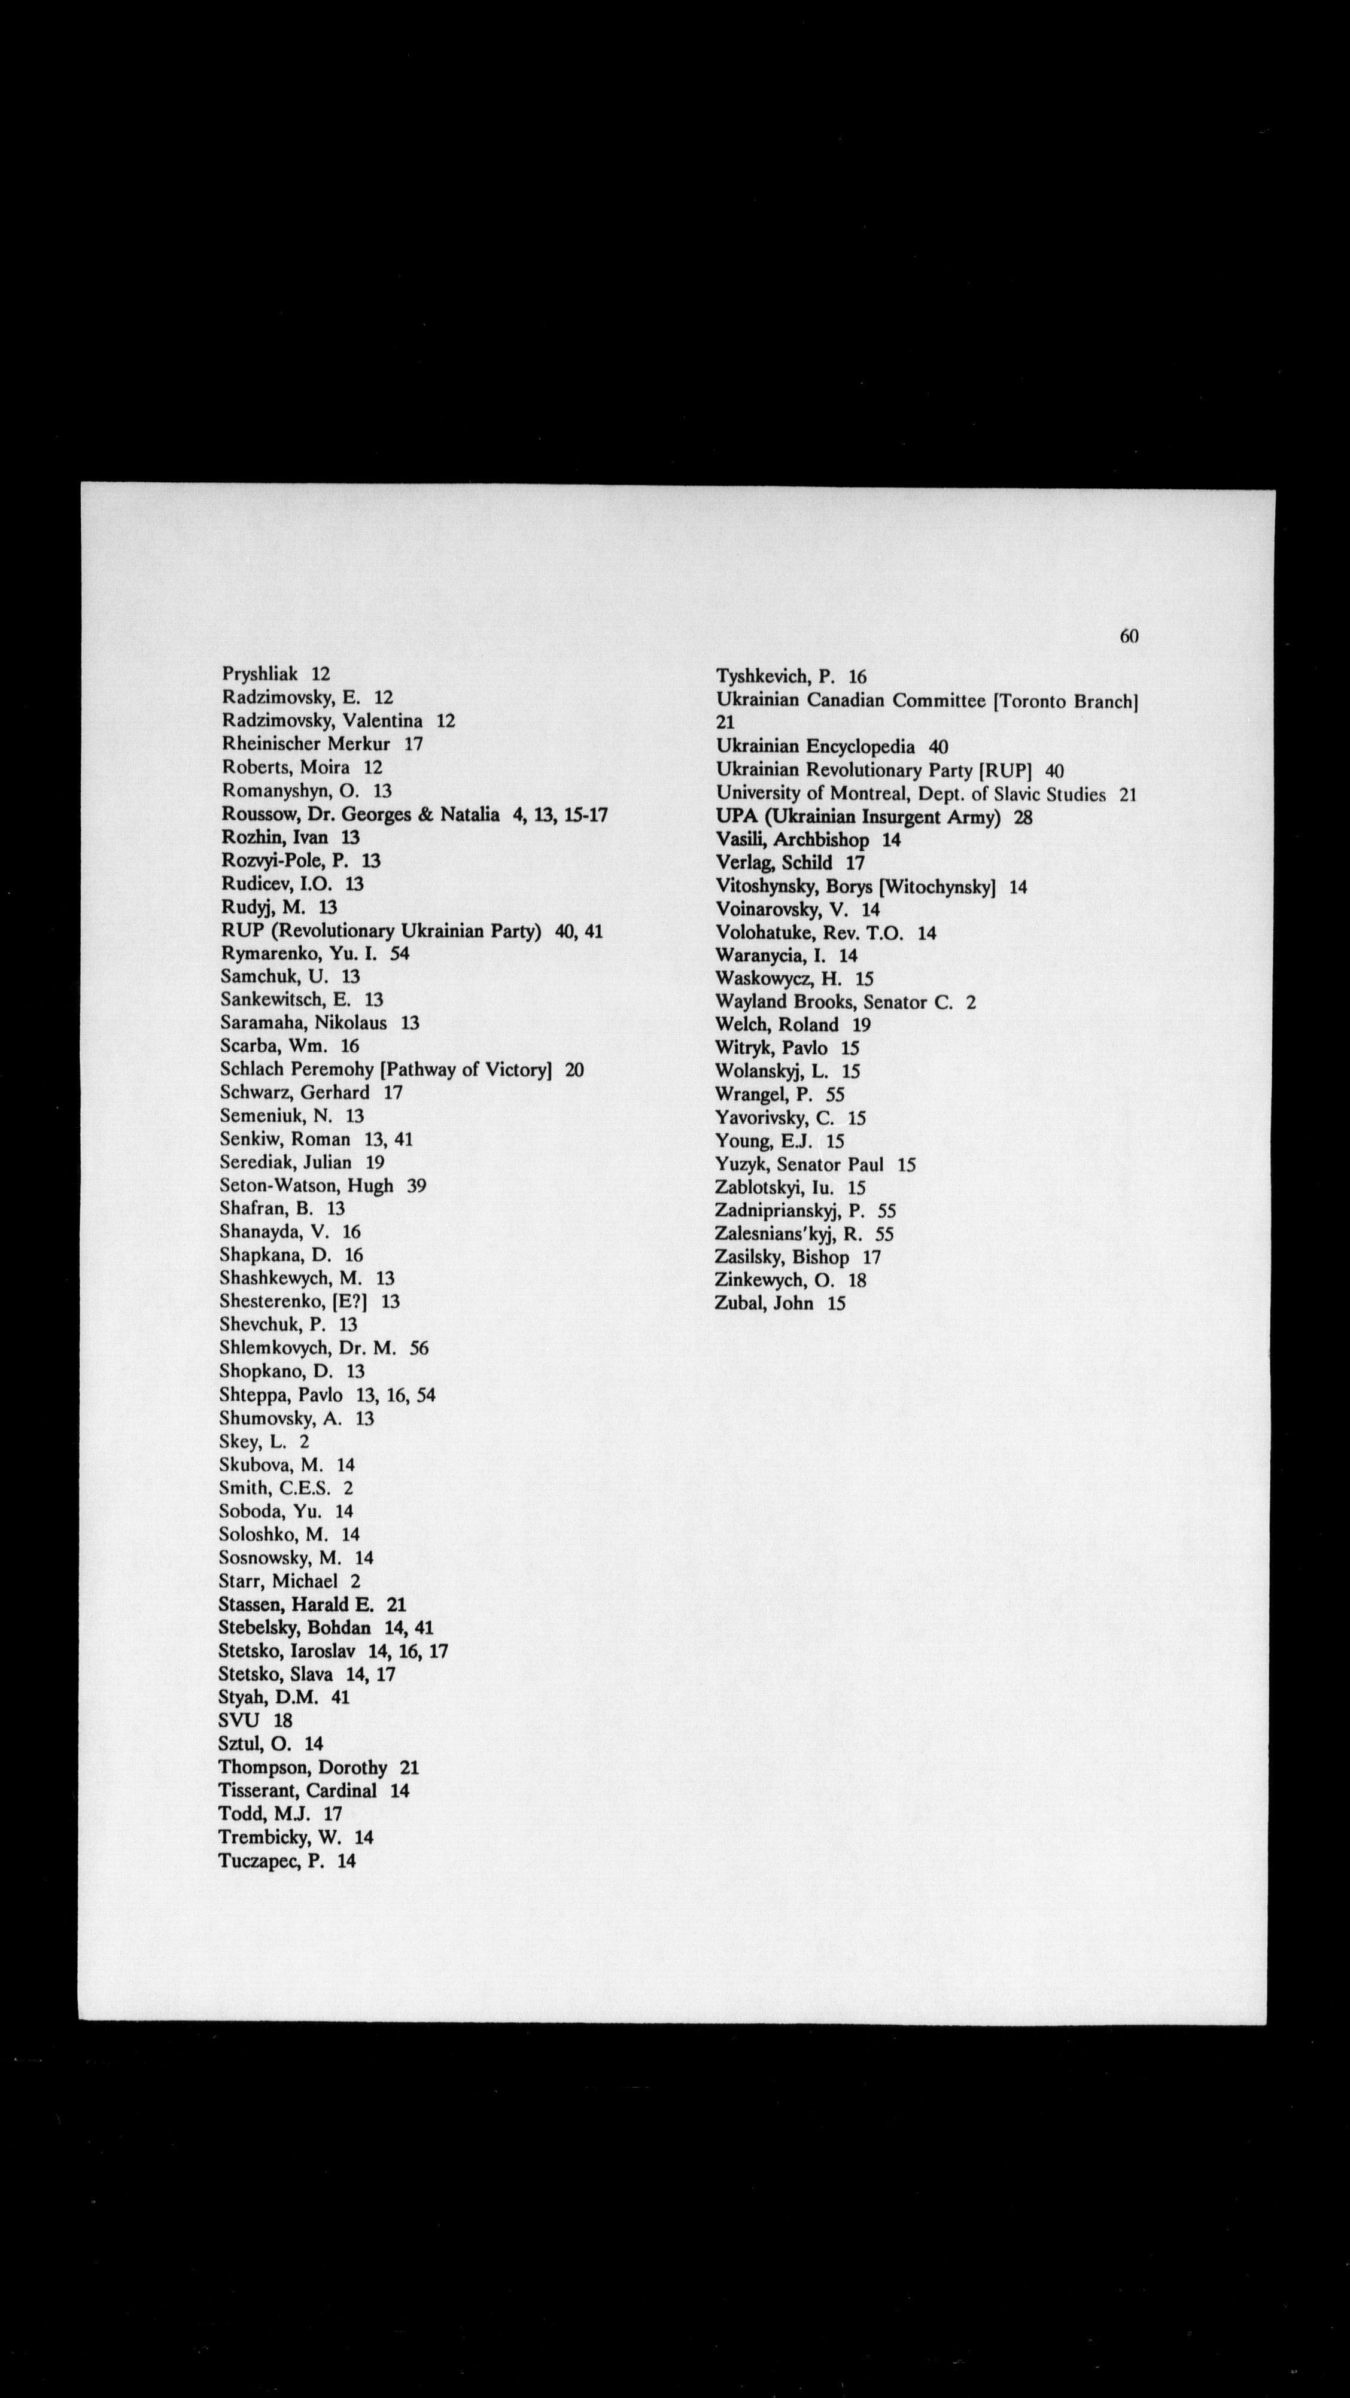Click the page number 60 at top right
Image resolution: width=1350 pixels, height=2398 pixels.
click(x=1129, y=636)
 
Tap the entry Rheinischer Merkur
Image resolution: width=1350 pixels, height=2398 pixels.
click(x=305, y=744)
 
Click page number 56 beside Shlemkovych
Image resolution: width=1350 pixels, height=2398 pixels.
click(x=419, y=1348)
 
